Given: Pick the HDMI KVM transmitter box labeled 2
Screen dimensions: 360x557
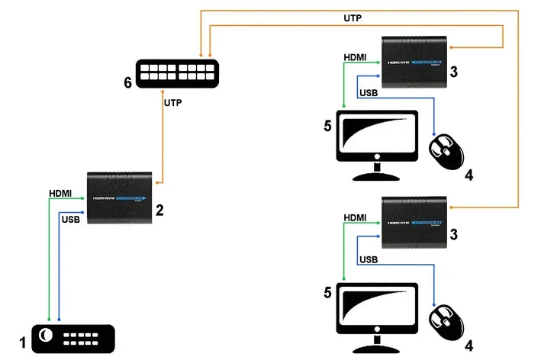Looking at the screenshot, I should pyautogui.click(x=119, y=198).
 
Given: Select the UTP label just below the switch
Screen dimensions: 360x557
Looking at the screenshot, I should pyautogui.click(x=175, y=101).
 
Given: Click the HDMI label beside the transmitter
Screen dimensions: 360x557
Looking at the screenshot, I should pyautogui.click(x=60, y=194).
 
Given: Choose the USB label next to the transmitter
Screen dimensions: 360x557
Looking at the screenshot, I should pyautogui.click(x=70, y=220).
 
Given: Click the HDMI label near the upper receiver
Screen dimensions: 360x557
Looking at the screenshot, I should pyautogui.click(x=356, y=57).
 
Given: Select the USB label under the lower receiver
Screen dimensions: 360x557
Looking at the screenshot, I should pyautogui.click(x=368, y=259).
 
